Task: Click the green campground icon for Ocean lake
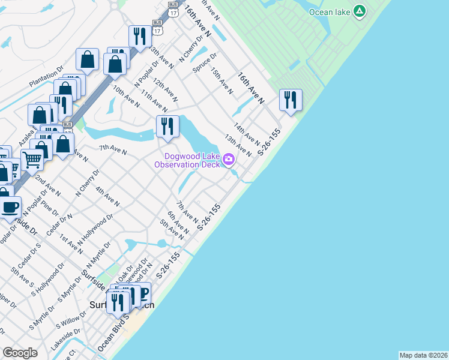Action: point(360,11)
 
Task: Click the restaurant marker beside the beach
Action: point(291,100)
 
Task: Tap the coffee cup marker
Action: point(10,208)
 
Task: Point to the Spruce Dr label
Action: point(205,65)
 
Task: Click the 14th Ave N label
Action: point(246,134)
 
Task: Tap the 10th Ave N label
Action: point(126,96)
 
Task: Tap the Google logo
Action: point(20,353)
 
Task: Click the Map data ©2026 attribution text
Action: point(423,355)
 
